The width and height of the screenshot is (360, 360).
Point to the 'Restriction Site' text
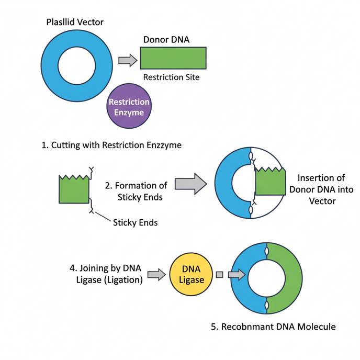pyautogui.click(x=171, y=77)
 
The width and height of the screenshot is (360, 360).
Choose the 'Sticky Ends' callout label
pyautogui.click(x=135, y=222)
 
